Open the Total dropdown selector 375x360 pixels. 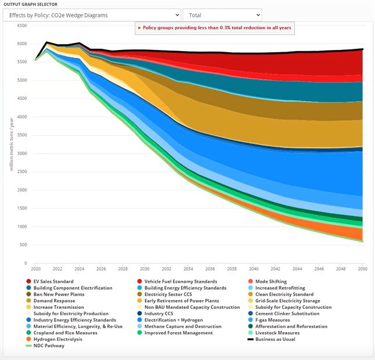coord(222,15)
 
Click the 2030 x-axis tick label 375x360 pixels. coord(145,269)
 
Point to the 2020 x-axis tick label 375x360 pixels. coord(35,269)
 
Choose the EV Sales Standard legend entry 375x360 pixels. coord(53,282)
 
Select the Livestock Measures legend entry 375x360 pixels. coord(277,333)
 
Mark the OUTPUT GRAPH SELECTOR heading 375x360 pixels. coord(33,4)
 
